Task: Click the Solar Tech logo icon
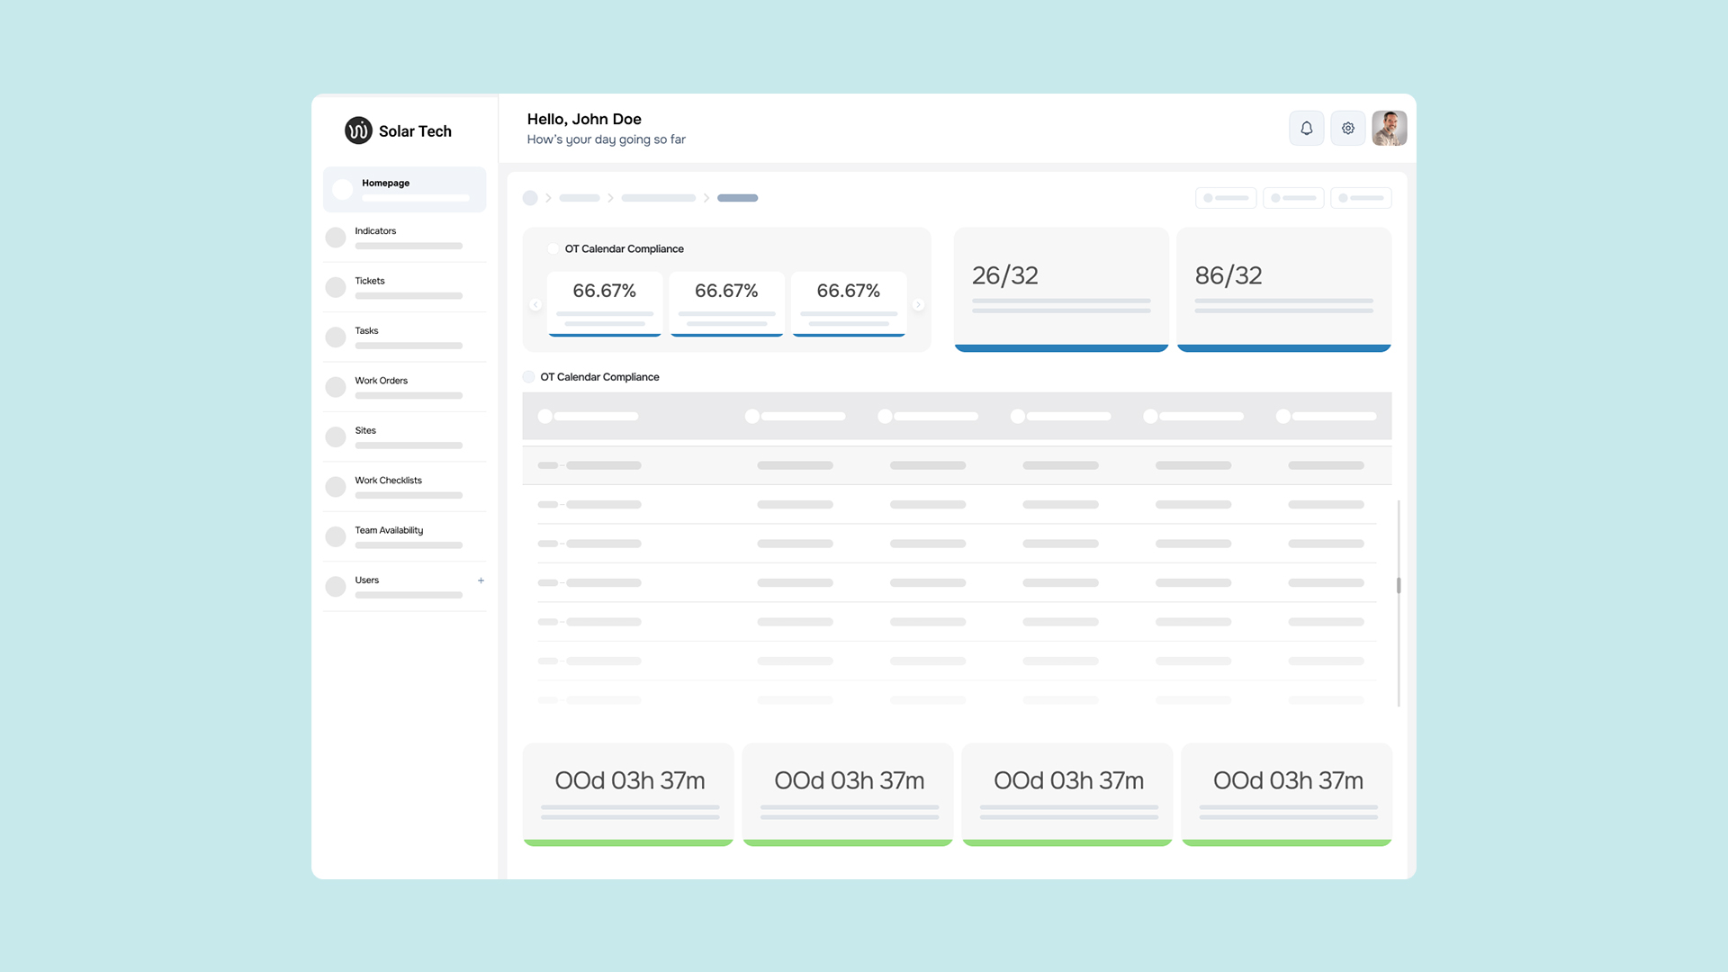358,130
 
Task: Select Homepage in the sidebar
385,183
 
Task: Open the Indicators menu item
375,231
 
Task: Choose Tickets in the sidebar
370,281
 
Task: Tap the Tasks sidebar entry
366,330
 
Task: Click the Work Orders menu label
381,381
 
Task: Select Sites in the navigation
365,430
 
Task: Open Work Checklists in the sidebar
388,481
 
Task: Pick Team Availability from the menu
389,530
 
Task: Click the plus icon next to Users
481,580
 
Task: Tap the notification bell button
1307,128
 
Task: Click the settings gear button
1348,128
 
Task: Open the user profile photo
1390,128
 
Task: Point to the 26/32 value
1005,275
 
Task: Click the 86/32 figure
1228,275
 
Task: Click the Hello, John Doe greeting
584,119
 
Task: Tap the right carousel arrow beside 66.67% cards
918,305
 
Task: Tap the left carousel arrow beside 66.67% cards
535,305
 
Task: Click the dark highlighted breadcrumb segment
737,198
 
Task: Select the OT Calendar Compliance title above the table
599,377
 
